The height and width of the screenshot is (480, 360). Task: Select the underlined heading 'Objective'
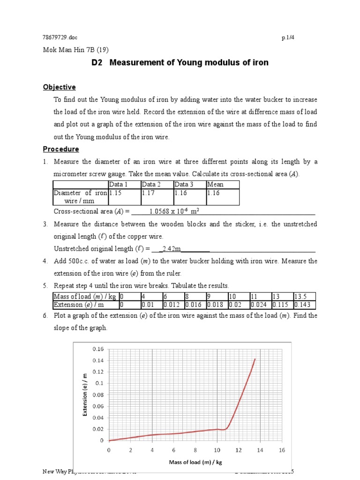[59, 87]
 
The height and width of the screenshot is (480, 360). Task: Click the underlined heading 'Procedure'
[61, 149]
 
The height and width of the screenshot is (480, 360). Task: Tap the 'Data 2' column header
[151, 184]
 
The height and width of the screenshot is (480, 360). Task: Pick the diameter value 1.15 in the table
[115, 193]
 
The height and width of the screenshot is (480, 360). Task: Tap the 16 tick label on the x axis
[282, 450]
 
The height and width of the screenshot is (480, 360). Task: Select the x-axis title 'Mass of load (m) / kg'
[195, 462]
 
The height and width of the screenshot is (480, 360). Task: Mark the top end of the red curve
[255, 359]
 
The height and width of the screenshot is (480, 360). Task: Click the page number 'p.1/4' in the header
[285, 38]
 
